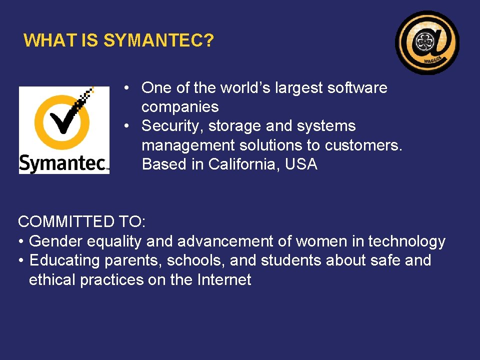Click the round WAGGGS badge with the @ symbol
[x=427, y=42]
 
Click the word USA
[x=301, y=164]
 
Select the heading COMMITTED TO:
[x=81, y=221]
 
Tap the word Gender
[x=56, y=241]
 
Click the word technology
[x=406, y=241]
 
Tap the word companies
[x=180, y=107]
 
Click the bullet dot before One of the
[x=128, y=88]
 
